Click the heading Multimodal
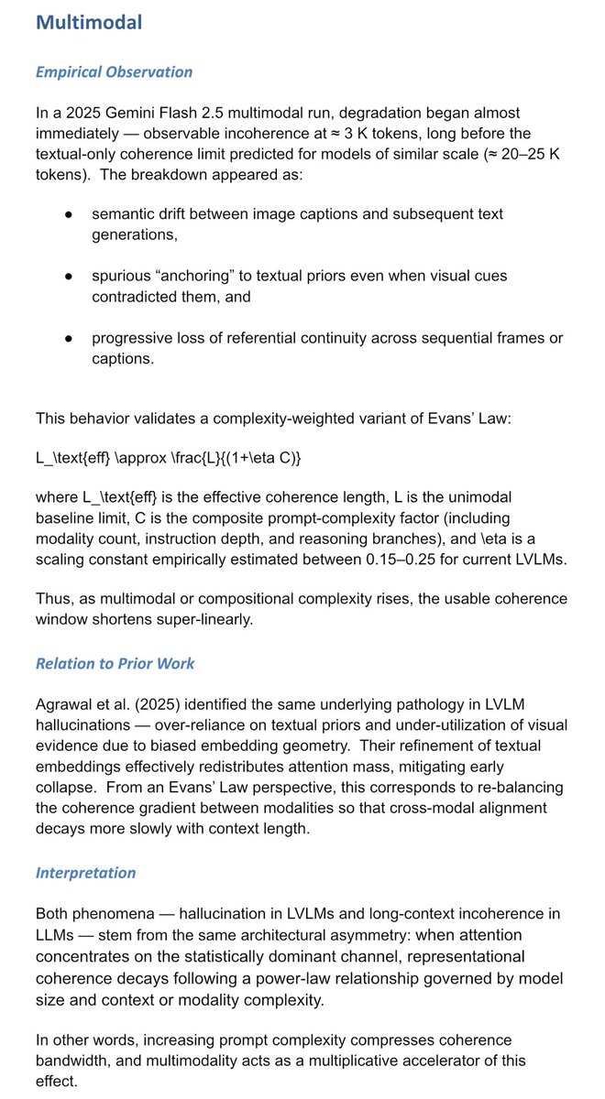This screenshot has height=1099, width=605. (x=89, y=23)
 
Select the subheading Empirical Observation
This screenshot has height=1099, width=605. (x=114, y=72)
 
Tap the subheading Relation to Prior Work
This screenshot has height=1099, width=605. (x=115, y=663)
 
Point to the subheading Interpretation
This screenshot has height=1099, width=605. (x=85, y=872)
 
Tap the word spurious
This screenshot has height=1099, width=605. (x=122, y=276)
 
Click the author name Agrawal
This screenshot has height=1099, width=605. (x=66, y=703)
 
